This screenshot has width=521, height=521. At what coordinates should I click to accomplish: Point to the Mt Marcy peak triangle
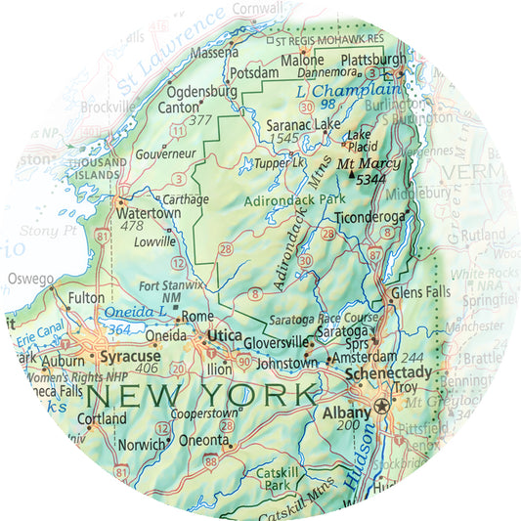[x=352, y=175]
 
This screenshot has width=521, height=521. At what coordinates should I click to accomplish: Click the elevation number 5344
[x=370, y=180]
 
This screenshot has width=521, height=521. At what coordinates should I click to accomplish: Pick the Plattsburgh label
[x=372, y=60]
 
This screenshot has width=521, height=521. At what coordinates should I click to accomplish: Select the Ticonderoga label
[x=369, y=216]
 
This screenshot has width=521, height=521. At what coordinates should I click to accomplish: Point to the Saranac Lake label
[x=299, y=124]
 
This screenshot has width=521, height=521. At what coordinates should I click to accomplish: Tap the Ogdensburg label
[x=203, y=92]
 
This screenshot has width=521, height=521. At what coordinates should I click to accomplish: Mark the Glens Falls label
[x=419, y=292]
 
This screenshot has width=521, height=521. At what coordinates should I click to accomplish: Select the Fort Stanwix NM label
[x=171, y=290]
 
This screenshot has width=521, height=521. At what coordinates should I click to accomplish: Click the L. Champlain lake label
[x=329, y=90]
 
